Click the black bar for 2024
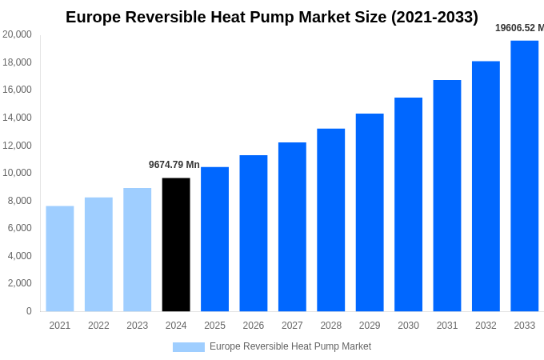point(176,245)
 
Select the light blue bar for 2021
point(60,258)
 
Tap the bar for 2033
point(524,176)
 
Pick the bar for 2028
point(330,220)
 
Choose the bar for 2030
point(408,204)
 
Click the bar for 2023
point(137,250)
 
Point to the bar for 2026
point(254,233)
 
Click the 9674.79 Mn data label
point(174,165)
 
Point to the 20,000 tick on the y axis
point(18,34)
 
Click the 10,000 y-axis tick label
point(18,173)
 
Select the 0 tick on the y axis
point(29,311)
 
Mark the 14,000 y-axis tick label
point(18,118)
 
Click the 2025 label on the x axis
point(214,326)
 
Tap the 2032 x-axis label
point(486,326)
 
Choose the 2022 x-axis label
point(98,326)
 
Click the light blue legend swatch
point(189,347)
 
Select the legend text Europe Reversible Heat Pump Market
point(290,346)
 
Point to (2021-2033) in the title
point(434,17)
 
